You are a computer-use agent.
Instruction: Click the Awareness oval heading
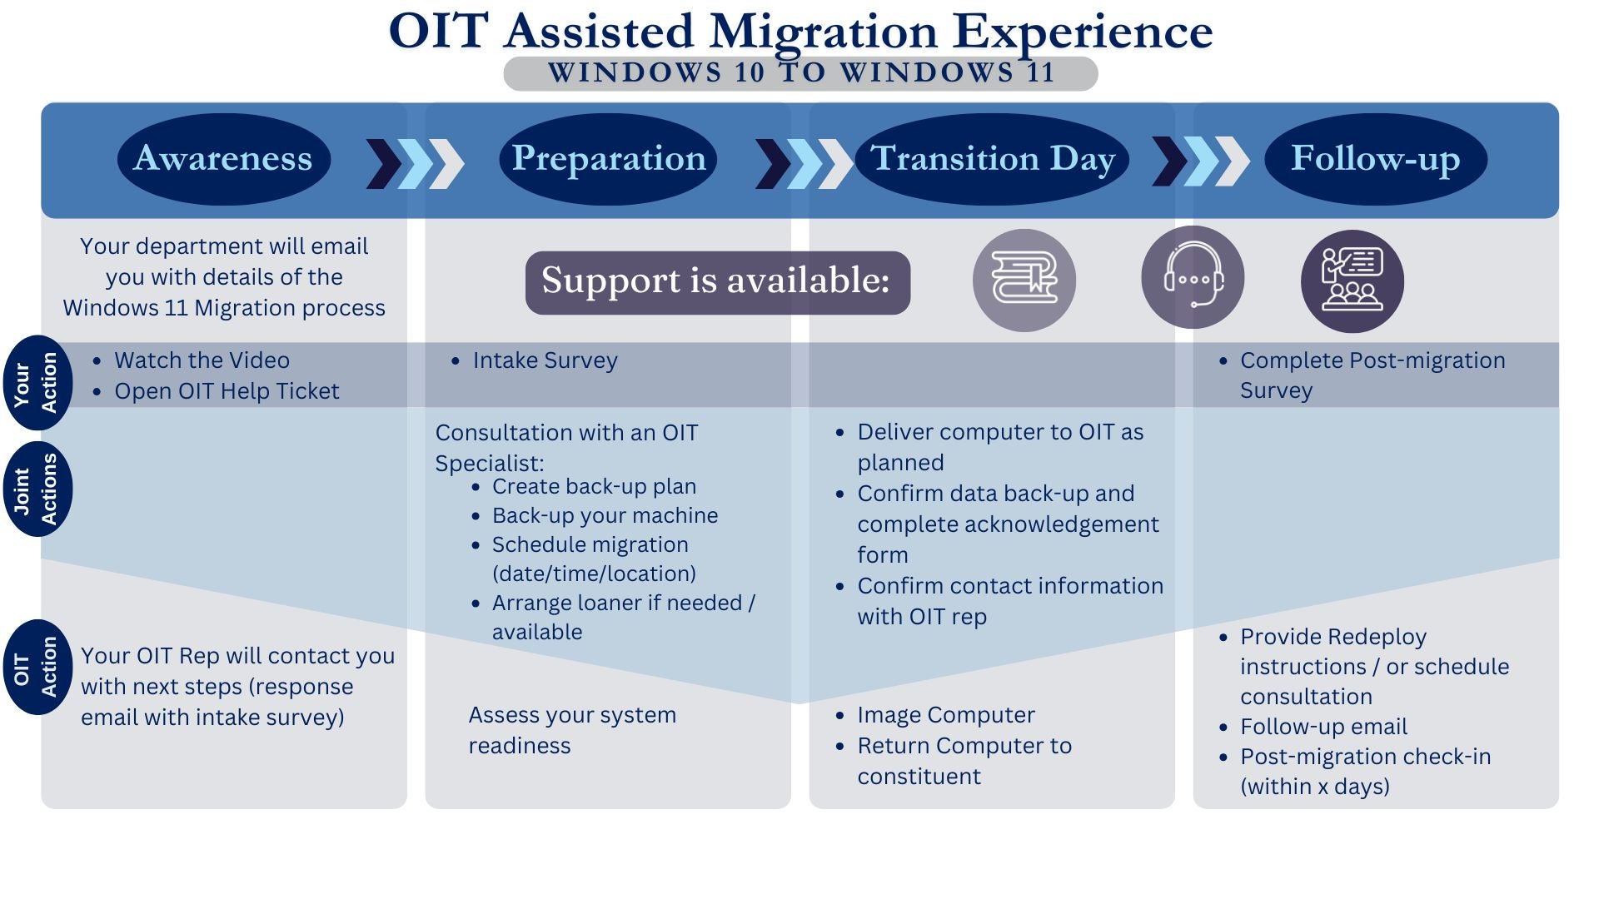[223, 159]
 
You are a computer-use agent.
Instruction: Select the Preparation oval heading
[608, 159]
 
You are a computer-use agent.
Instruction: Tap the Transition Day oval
[992, 159]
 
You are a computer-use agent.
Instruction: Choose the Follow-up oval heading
[1375, 159]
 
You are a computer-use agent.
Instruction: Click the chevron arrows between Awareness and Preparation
[415, 163]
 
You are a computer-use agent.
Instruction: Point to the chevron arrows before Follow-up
[1200, 161]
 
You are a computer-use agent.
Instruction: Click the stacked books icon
[1024, 280]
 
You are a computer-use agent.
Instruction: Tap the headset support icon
[1192, 277]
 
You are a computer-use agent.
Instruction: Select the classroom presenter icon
[1352, 281]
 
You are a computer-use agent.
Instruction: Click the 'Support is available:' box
[717, 282]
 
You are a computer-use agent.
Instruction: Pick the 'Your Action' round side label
[37, 383]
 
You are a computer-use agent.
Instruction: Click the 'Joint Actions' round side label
[37, 489]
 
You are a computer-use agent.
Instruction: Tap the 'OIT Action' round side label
[37, 667]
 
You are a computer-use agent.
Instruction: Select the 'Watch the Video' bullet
[202, 360]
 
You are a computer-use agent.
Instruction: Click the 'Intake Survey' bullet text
[545, 360]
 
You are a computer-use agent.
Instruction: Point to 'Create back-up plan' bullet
[594, 486]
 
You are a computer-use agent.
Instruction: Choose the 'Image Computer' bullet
[945, 715]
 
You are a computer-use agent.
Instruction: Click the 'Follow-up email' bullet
[1323, 727]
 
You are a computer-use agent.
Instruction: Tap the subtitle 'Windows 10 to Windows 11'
[800, 73]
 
